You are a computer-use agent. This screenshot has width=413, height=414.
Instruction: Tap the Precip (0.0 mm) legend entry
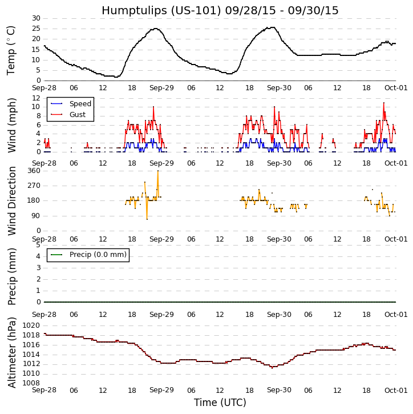(95, 255)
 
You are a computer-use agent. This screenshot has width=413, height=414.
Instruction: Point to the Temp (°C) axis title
(11, 50)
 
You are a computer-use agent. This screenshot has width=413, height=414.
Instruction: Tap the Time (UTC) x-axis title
(220, 403)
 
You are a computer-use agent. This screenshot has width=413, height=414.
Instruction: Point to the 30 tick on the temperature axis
(36, 18)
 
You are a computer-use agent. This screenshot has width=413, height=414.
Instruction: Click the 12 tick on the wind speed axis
(36, 98)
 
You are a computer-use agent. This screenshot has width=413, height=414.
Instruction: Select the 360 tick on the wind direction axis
(34, 171)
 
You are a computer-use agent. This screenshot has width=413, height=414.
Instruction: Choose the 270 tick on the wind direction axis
(34, 186)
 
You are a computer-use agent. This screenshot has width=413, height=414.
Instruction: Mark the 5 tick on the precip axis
(38, 244)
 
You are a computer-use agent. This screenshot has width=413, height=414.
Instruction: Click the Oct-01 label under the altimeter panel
(396, 391)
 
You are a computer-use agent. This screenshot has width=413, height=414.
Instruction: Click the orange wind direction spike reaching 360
(158, 171)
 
